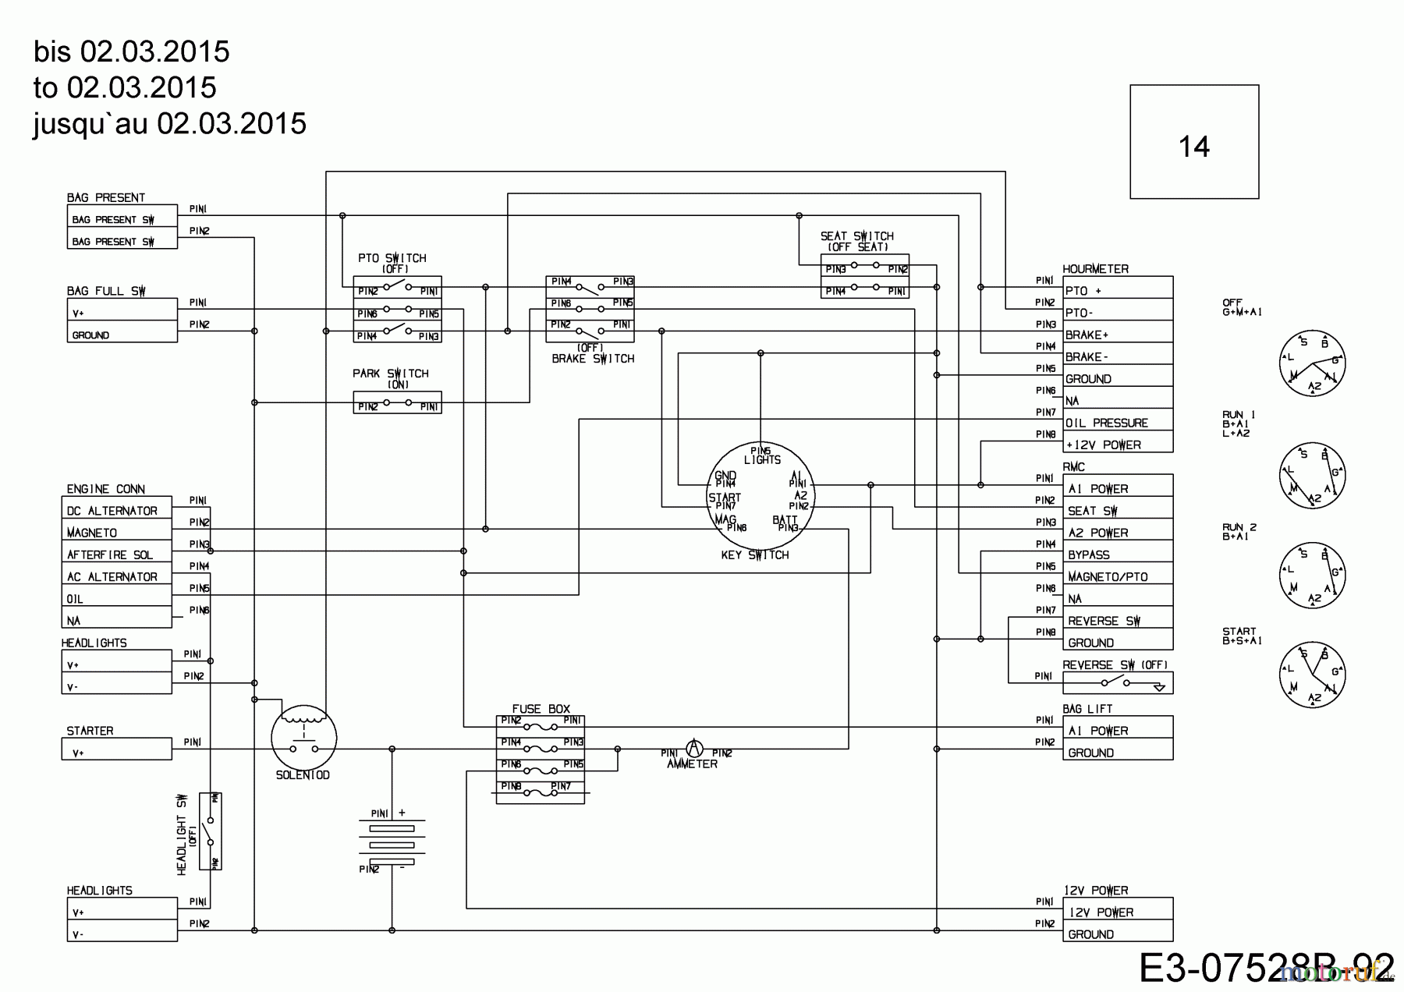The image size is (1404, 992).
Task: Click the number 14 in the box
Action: (1193, 147)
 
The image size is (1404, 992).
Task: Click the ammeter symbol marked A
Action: (692, 748)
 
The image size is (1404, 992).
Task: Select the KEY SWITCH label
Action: (754, 555)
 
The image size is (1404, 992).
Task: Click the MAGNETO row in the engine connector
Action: (117, 533)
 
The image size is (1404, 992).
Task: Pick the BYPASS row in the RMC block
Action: (1117, 554)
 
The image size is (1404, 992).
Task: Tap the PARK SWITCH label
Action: (390, 374)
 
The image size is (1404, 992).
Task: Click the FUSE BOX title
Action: (541, 709)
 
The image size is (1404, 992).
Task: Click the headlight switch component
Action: (210, 831)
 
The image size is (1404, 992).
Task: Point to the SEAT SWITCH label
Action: (856, 236)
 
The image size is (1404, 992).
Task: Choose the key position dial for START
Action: (1312, 675)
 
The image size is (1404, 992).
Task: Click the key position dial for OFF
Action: (1312, 363)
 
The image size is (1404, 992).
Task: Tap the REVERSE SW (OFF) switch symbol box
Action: (1117, 683)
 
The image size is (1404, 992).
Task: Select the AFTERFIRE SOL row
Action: (117, 554)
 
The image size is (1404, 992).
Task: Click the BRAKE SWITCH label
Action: (592, 359)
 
